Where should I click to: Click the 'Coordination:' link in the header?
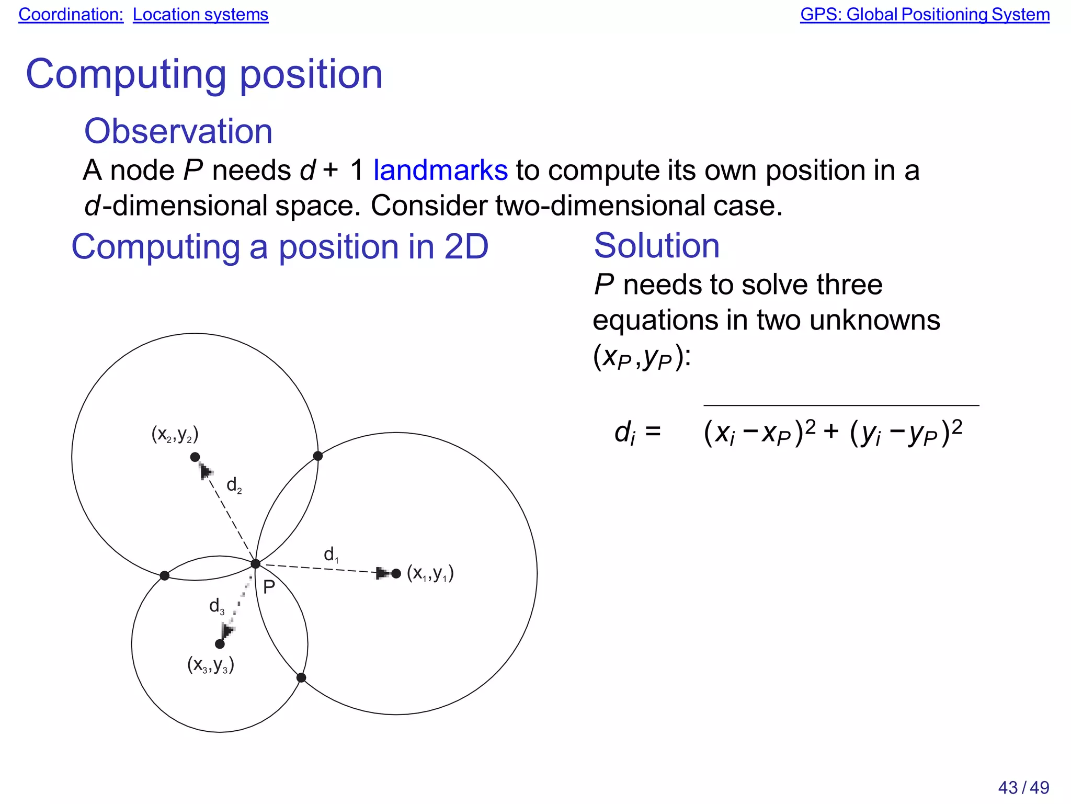click(x=71, y=15)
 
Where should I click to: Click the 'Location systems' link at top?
click(x=200, y=15)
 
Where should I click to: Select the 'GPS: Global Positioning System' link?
click(x=925, y=15)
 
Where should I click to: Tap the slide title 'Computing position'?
click(x=204, y=74)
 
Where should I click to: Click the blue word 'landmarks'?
click(x=440, y=171)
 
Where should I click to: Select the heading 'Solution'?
click(x=657, y=245)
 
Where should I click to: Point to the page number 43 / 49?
click(x=1023, y=787)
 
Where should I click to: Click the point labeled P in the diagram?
click(x=255, y=564)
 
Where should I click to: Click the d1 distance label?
click(x=331, y=554)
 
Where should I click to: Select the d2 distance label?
click(x=234, y=485)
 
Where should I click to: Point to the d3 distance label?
click(x=217, y=606)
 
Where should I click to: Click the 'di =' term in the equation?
click(x=637, y=433)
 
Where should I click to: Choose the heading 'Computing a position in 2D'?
click(x=280, y=246)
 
